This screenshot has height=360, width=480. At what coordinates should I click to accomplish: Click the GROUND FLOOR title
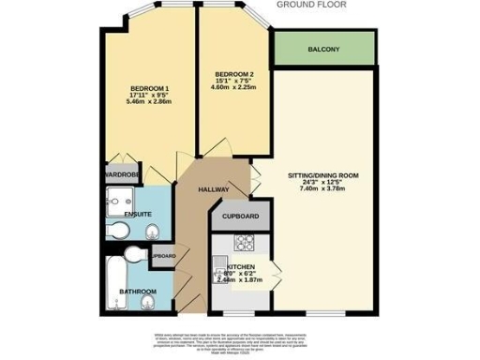pos(310,4)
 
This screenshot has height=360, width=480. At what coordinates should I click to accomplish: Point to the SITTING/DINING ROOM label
pos(323,175)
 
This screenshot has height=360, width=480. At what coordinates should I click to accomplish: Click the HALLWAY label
pos(214,189)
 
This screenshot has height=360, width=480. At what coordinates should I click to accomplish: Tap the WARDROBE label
pos(122,174)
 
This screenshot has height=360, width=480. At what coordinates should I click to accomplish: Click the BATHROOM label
pos(137,292)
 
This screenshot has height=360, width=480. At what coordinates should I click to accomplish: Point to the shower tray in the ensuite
pos(122,198)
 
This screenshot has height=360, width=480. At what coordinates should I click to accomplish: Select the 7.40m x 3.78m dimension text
pos(323,188)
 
